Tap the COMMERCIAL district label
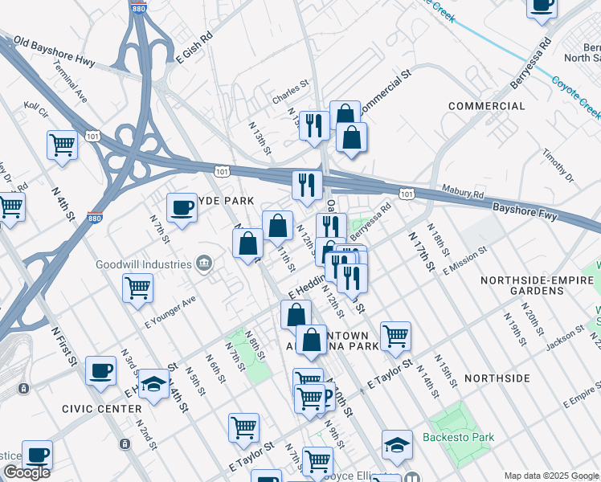(486, 106)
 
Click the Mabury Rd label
(463, 192)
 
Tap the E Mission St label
(465, 260)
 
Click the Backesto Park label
(460, 438)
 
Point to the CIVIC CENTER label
(91, 409)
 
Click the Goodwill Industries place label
(141, 263)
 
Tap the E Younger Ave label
(170, 312)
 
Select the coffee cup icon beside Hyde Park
(182, 209)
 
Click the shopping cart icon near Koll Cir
(62, 145)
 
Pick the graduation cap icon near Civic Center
(153, 384)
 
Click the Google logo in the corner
(27, 472)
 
